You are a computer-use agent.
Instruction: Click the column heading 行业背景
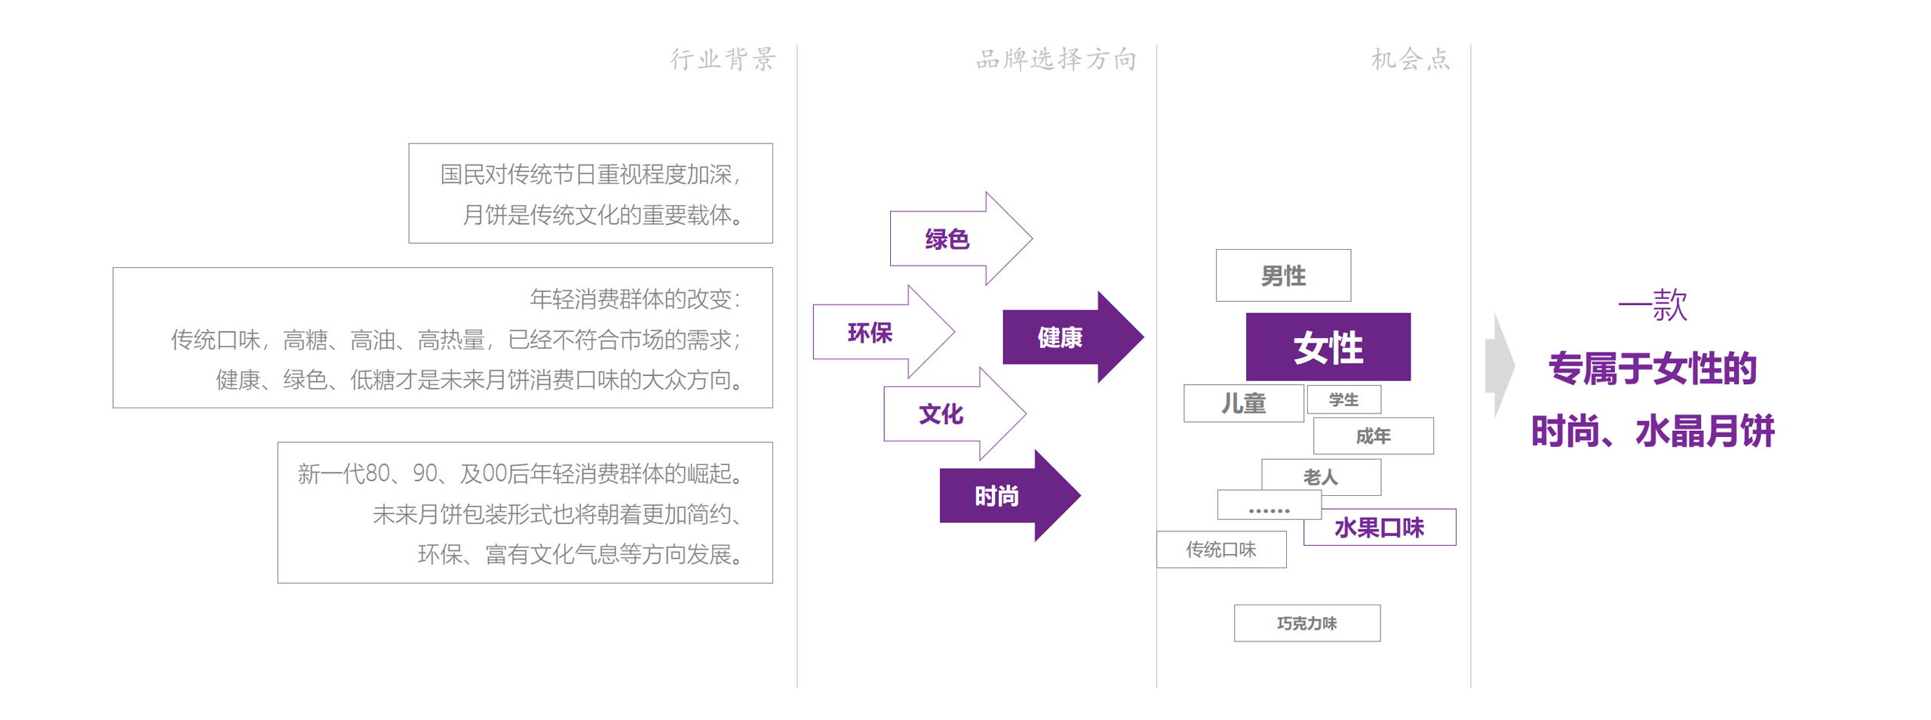723,59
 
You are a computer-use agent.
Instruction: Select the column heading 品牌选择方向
1055,59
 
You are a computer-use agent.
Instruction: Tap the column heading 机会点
1410,59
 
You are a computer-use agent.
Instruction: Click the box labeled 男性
1283,275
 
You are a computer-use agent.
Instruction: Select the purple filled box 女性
1328,347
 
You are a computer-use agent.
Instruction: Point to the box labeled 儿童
1243,404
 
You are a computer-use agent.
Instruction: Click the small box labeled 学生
1343,399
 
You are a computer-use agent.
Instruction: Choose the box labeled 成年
1373,436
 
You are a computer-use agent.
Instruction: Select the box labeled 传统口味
1221,549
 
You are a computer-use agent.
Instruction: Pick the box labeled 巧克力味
1306,623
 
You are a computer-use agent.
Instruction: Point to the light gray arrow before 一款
1500,366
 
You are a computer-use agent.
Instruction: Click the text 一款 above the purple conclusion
1652,305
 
